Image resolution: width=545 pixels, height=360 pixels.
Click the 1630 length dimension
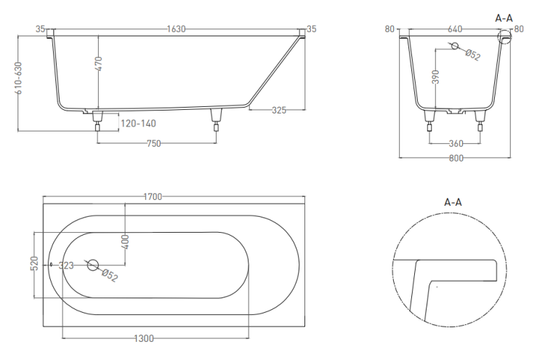click(177, 29)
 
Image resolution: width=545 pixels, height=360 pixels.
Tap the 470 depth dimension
click(98, 64)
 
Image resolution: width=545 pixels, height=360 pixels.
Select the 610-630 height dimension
click(18, 78)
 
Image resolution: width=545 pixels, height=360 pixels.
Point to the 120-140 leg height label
click(138, 124)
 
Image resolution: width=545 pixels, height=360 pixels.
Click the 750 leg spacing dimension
click(153, 143)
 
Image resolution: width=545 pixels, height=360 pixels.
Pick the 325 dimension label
click(279, 111)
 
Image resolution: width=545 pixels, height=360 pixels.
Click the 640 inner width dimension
click(455, 29)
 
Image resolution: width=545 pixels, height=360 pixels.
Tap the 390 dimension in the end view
click(435, 77)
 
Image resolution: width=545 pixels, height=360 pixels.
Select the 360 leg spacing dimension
click(456, 143)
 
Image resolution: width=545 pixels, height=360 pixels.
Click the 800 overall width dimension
click(456, 159)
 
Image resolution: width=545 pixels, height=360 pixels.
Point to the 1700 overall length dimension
click(153, 197)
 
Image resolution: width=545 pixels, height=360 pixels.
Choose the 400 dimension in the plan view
click(126, 241)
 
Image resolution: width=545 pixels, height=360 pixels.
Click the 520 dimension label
click(34, 264)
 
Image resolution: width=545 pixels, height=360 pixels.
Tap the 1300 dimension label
click(144, 338)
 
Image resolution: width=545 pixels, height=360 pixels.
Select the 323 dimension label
click(66, 265)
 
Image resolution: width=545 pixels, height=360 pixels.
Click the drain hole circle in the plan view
click(93, 265)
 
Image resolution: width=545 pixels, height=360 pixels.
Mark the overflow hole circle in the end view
click(455, 46)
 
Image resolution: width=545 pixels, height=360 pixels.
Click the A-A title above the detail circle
click(453, 202)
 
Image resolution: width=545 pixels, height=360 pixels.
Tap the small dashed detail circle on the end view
click(504, 36)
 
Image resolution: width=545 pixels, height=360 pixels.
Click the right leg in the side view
click(217, 120)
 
